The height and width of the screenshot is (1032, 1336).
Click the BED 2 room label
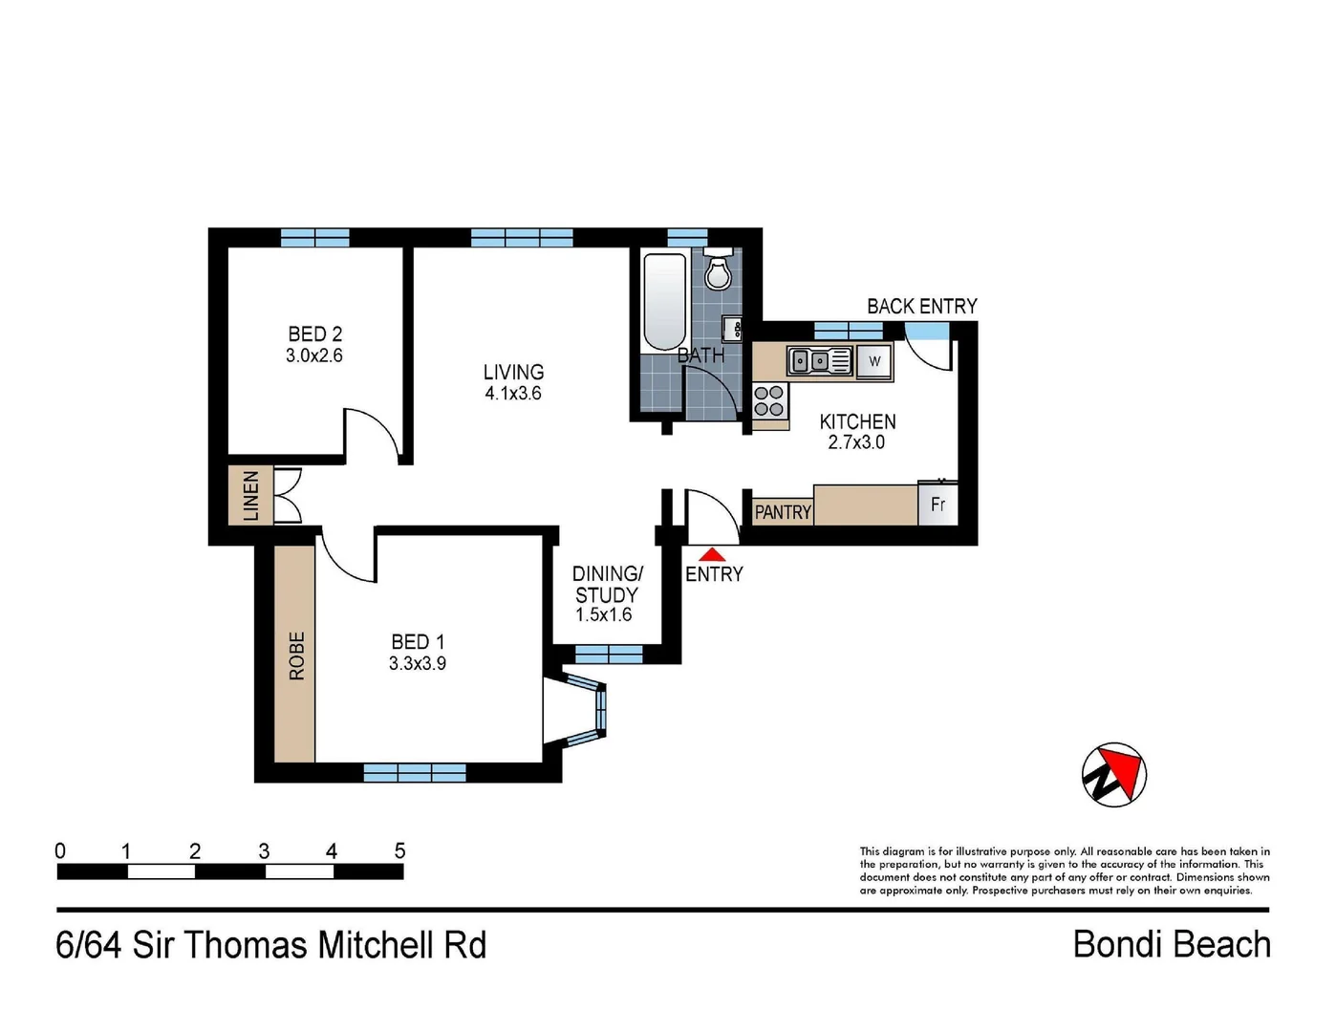314,333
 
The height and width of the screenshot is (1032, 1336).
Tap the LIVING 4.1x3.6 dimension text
513,393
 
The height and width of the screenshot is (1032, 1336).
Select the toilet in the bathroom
718,269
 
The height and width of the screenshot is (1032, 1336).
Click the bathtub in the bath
664,302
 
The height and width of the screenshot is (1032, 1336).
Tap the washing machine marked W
874,361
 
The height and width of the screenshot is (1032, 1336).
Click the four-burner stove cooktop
769,400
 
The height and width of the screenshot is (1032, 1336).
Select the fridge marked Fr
937,504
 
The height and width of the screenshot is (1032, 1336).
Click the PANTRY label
783,512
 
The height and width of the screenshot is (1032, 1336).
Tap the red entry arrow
712,554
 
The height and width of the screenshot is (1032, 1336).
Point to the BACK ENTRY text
921,306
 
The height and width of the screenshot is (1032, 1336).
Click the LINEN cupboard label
250,496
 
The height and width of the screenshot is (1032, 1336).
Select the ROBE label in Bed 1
296,656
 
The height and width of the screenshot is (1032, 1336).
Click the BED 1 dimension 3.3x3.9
418,664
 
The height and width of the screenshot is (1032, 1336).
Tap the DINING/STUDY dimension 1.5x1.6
603,614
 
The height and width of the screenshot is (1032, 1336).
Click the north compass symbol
1114,774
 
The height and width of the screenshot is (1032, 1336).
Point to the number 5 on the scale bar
399,851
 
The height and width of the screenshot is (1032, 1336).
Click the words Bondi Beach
1172,944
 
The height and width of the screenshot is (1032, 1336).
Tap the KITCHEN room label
857,421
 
